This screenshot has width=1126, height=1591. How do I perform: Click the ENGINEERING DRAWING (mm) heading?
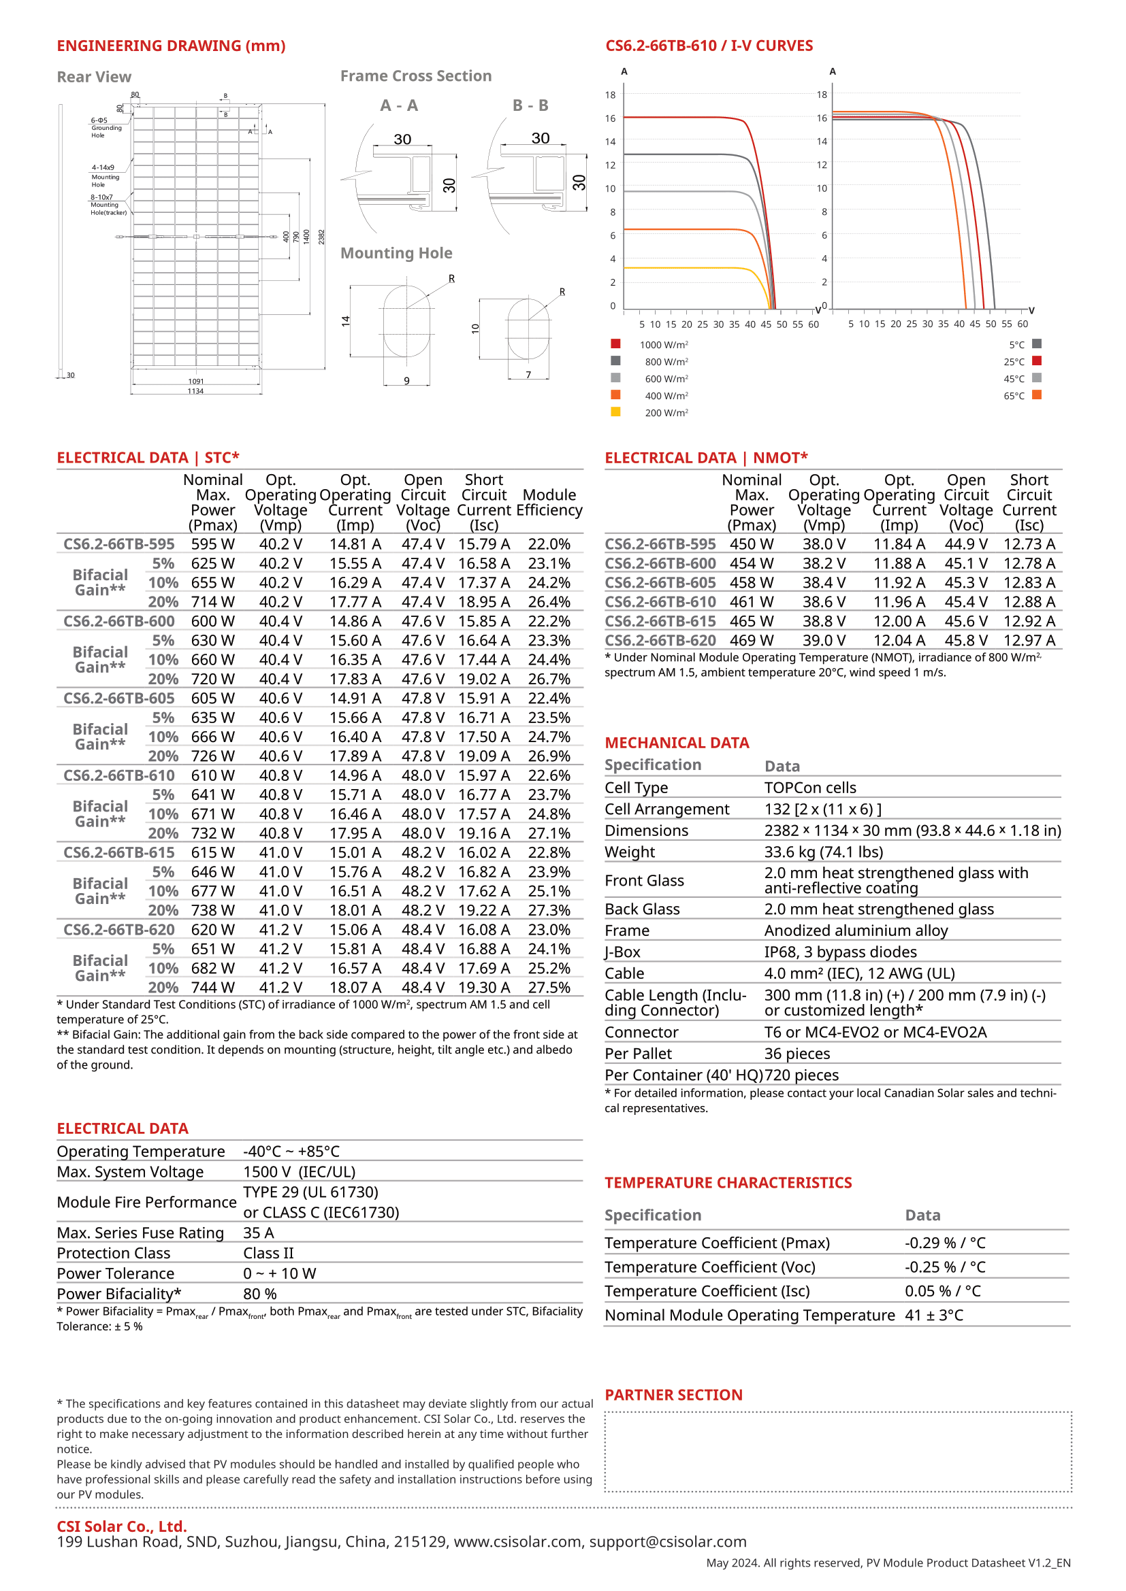click(171, 46)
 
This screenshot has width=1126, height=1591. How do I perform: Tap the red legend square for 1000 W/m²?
click(615, 344)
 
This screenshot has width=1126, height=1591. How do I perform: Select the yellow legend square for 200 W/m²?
click(615, 412)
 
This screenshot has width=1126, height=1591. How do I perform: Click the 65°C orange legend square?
click(1037, 395)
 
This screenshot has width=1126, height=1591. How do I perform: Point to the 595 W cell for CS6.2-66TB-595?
click(213, 544)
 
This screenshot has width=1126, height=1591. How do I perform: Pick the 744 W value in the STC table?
click(213, 988)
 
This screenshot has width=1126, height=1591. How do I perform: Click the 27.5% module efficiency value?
click(549, 988)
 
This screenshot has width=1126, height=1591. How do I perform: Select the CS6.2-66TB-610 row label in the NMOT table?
click(660, 602)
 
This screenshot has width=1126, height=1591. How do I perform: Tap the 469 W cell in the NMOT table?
click(752, 641)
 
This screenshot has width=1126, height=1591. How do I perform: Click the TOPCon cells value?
click(810, 788)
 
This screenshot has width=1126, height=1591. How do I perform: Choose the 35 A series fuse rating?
click(259, 1233)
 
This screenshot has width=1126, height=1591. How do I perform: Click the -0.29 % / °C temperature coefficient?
click(945, 1243)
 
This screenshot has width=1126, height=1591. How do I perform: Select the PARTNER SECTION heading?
click(673, 1395)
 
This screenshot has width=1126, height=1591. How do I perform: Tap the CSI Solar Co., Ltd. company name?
click(122, 1526)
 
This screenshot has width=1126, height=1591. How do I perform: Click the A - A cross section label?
click(399, 105)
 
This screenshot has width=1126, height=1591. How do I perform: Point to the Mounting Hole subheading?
click(396, 254)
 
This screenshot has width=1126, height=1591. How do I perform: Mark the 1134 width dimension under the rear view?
click(195, 392)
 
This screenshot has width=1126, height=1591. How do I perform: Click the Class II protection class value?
click(268, 1254)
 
